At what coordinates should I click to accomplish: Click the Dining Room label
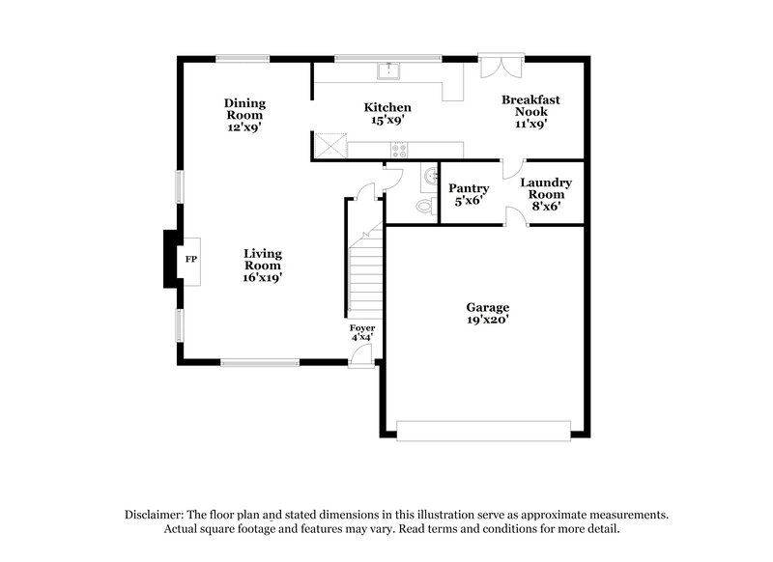[244, 114]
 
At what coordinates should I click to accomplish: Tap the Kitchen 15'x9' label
[387, 113]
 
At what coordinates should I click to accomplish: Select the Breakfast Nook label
[530, 111]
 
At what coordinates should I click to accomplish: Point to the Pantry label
[469, 194]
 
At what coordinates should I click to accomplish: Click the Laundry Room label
[546, 193]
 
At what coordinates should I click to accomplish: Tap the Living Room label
[262, 265]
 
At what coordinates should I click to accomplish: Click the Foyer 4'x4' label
[362, 333]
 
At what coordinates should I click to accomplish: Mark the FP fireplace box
[191, 260]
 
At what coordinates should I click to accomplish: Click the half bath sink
[429, 178]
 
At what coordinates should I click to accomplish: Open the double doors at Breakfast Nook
[501, 67]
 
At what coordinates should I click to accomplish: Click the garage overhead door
[486, 430]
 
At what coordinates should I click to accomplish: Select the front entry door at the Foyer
[360, 356]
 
